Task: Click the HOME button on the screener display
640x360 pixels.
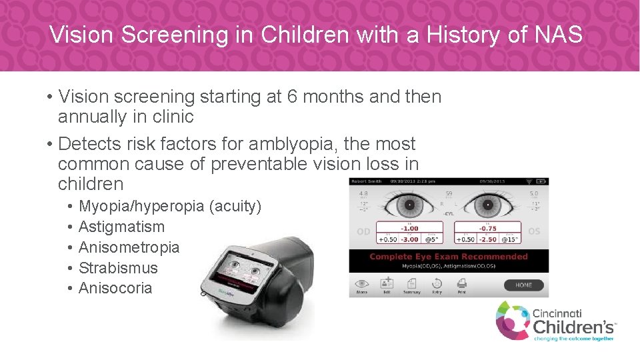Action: coord(523,285)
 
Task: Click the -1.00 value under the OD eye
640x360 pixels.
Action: coord(410,229)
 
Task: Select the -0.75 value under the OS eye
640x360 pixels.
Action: coord(488,229)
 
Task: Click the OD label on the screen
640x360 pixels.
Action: coord(363,231)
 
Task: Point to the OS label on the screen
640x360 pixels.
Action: coord(535,231)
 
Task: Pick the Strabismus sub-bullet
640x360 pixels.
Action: coord(118,268)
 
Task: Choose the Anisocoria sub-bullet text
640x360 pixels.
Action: coord(115,289)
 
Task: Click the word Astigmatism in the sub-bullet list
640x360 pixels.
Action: coord(121,227)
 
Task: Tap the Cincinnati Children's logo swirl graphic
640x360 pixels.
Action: coord(512,320)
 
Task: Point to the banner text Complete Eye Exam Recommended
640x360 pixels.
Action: coord(448,257)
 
